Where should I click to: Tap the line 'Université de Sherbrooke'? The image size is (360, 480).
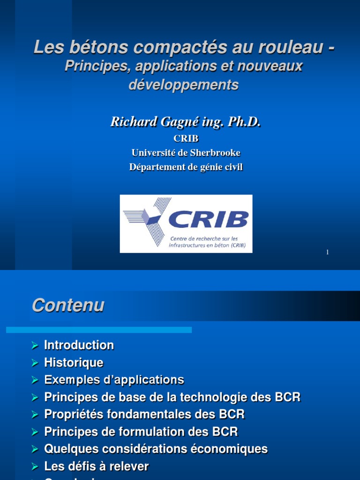186,153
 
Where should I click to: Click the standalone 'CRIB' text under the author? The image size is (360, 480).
186,139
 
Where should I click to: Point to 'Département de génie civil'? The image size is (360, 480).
186,167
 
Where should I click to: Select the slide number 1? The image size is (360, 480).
327,253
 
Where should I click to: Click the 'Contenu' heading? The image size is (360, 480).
68,306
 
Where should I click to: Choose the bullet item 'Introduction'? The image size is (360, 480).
79,345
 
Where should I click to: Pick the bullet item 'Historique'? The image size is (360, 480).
74,363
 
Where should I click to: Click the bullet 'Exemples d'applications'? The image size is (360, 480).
114,380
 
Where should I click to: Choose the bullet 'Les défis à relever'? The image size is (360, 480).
96,466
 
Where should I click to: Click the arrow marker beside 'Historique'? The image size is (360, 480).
34,363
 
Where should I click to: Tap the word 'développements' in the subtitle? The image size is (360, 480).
184,85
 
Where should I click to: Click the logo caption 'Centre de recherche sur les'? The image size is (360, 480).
204,239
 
